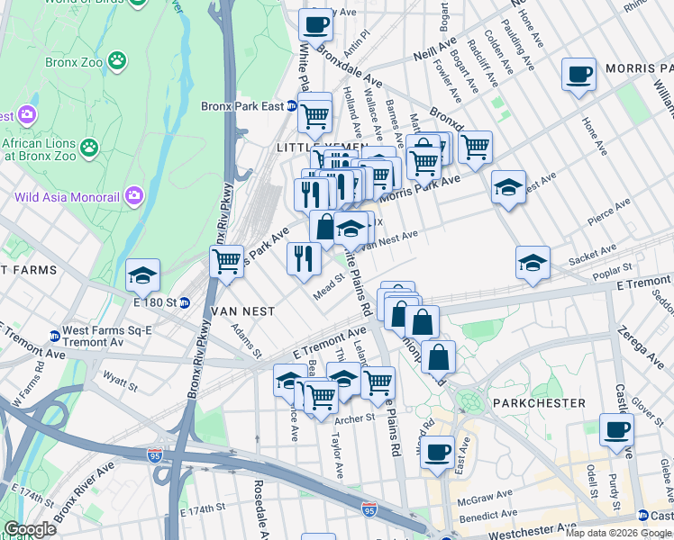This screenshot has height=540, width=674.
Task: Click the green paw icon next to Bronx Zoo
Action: [x=116, y=61]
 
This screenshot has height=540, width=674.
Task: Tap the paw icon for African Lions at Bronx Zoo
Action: [x=88, y=145]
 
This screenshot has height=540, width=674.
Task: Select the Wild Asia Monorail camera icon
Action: [x=134, y=194]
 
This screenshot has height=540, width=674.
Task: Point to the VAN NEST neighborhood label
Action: [x=242, y=310]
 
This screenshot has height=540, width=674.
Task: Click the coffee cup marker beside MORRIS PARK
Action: [x=578, y=74]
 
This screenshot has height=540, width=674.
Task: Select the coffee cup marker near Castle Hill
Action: [x=616, y=429]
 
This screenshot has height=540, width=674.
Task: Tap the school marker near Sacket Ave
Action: [x=533, y=262]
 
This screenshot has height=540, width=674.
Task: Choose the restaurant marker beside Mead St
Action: [x=304, y=258]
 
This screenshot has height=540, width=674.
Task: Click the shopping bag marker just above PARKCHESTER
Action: [x=438, y=357]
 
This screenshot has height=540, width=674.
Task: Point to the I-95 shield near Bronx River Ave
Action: [x=155, y=457]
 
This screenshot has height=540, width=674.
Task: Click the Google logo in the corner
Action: [x=30, y=528]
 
